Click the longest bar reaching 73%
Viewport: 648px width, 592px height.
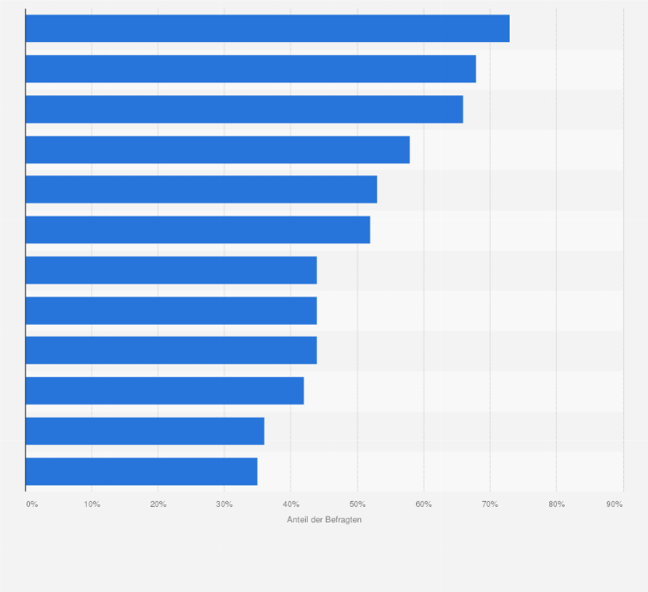pyautogui.click(x=267, y=28)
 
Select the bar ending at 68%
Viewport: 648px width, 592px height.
pyautogui.click(x=250, y=69)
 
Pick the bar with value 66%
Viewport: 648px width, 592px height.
pyautogui.click(x=244, y=109)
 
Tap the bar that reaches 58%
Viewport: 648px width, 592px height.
pyautogui.click(x=217, y=150)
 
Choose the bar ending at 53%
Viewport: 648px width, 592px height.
pyautogui.click(x=201, y=189)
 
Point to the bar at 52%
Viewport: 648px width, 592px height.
pyautogui.click(x=198, y=229)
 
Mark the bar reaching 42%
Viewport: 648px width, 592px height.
pyautogui.click(x=164, y=390)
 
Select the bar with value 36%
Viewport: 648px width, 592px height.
pyautogui.click(x=144, y=430)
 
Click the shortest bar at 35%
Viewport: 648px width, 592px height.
pyautogui.click(x=141, y=471)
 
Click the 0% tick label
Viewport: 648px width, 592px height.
pyautogui.click(x=32, y=504)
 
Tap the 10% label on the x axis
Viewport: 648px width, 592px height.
pyautogui.click(x=92, y=504)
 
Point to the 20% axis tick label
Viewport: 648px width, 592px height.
pyautogui.click(x=158, y=504)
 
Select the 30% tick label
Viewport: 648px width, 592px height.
pyautogui.click(x=224, y=504)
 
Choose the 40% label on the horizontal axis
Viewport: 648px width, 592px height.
pyautogui.click(x=290, y=504)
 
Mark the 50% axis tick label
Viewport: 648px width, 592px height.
pyautogui.click(x=357, y=504)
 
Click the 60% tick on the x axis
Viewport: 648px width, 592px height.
pyautogui.click(x=424, y=504)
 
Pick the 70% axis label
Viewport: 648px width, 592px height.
pyautogui.click(x=490, y=504)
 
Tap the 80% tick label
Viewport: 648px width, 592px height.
pyautogui.click(x=556, y=504)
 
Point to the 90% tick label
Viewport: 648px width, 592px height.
pyautogui.click(x=614, y=504)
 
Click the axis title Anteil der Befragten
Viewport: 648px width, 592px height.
pyautogui.click(x=324, y=520)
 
